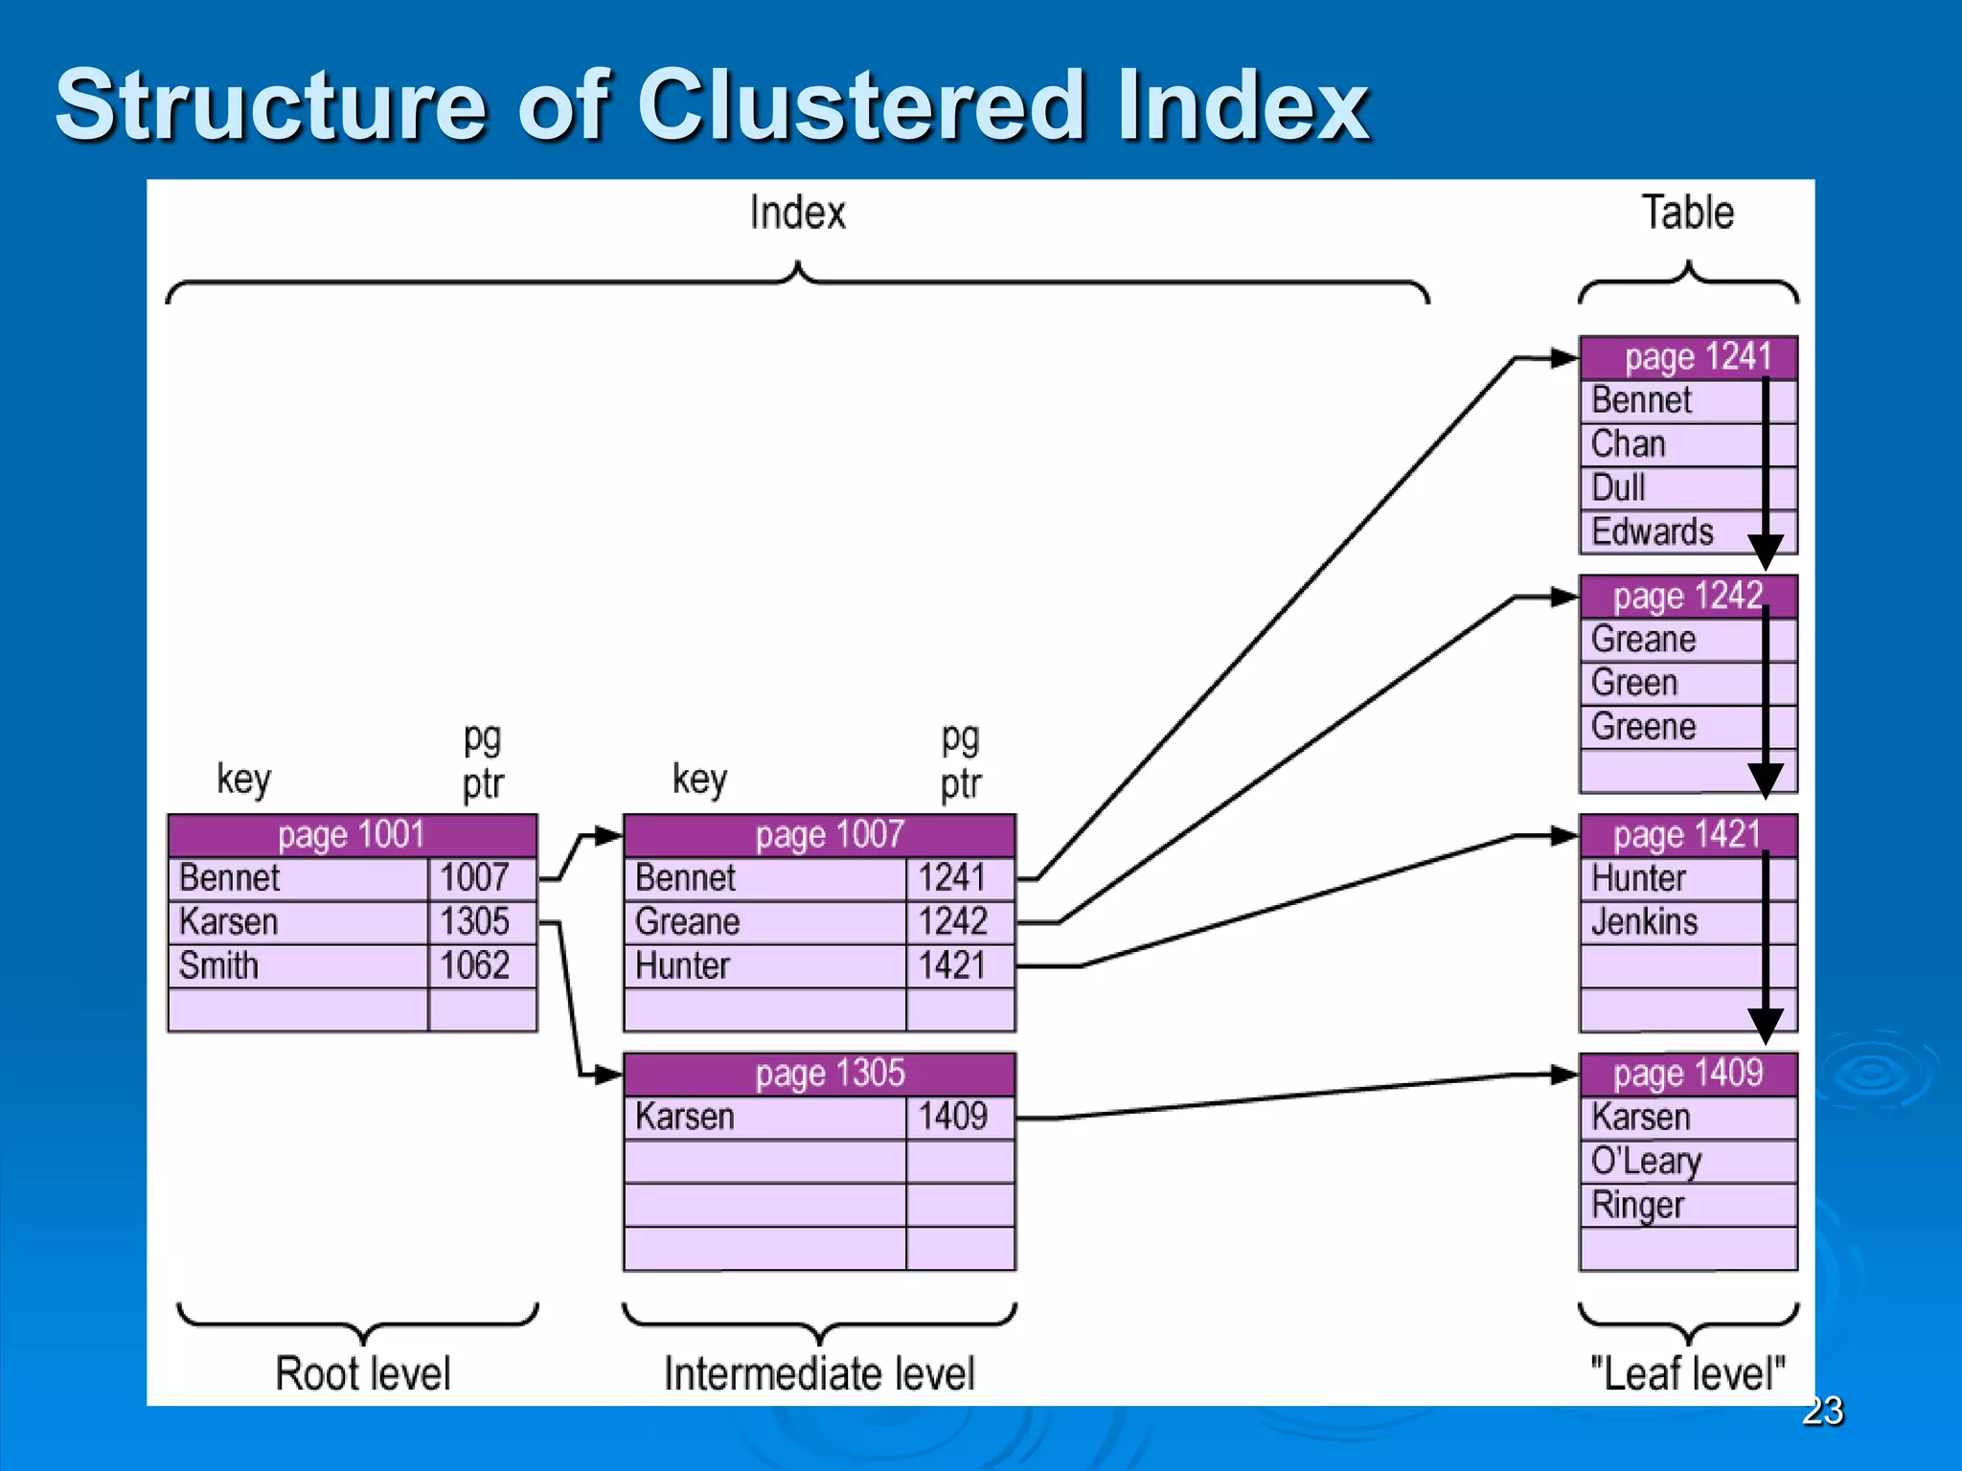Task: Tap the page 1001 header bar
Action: click(352, 835)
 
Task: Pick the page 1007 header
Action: click(819, 835)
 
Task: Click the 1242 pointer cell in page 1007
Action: click(959, 921)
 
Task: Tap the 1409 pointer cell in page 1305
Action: click(959, 1117)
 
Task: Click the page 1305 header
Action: click(819, 1074)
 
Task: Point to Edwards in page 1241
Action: click(1653, 532)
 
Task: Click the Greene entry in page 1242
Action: click(1644, 727)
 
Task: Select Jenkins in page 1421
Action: click(1645, 921)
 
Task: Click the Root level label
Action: click(362, 1373)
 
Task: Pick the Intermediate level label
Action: click(819, 1373)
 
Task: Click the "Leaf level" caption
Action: click(1688, 1373)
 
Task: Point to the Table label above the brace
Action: click(1688, 213)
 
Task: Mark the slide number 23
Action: click(1822, 1411)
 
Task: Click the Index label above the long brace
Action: click(797, 213)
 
